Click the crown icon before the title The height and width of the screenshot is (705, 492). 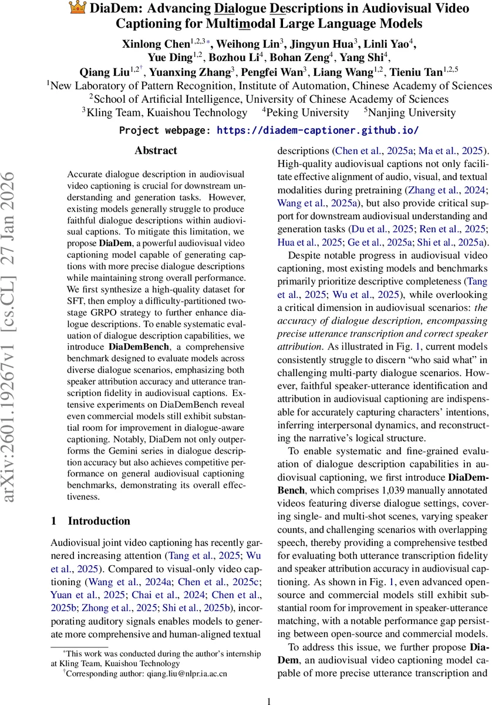[77, 9]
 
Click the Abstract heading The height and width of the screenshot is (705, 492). [156, 151]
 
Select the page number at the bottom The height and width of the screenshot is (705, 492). [269, 684]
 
